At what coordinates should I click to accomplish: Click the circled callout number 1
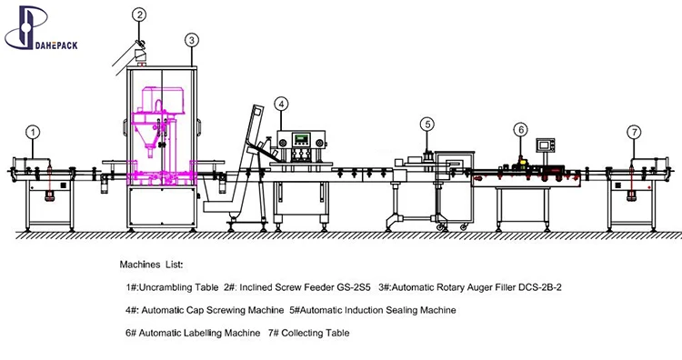pyautogui.click(x=33, y=132)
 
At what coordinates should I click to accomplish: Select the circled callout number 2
pyautogui.click(x=139, y=15)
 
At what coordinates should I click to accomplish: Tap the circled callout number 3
pyautogui.click(x=192, y=40)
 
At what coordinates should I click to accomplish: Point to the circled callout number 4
pyautogui.click(x=281, y=105)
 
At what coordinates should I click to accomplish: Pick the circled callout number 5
pyautogui.click(x=427, y=125)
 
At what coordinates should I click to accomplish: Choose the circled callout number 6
pyautogui.click(x=521, y=130)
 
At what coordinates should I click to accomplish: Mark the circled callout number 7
pyautogui.click(x=634, y=132)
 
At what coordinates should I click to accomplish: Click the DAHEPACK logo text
pyautogui.click(x=56, y=45)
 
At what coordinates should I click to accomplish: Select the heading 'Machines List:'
pyautogui.click(x=151, y=265)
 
